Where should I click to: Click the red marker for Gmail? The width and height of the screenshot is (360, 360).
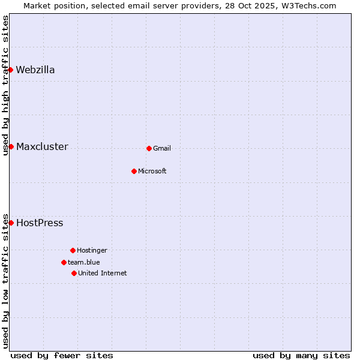point(149,148)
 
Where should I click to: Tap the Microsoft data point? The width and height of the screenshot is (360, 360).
point(134,171)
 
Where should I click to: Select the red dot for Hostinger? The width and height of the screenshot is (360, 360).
point(73,250)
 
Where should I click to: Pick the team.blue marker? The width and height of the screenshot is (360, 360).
point(64,262)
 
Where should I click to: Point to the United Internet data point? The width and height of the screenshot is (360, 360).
point(74,273)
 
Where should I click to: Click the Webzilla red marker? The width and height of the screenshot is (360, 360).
point(11,70)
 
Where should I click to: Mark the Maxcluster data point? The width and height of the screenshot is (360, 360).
point(11,146)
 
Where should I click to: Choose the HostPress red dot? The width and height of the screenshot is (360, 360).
point(11,223)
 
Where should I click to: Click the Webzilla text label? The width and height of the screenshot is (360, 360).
point(35,70)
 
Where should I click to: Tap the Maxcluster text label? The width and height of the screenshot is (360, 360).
point(42,146)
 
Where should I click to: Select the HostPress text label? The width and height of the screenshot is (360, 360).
point(40,223)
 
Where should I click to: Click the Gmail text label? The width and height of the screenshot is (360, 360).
point(162,148)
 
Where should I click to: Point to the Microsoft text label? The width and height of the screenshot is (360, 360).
point(152,171)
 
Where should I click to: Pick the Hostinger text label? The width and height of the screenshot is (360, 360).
point(92,250)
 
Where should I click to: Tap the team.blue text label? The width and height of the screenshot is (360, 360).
point(84,262)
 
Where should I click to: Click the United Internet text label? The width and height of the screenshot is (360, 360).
point(103,273)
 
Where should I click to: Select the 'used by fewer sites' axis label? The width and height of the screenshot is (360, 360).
point(62,355)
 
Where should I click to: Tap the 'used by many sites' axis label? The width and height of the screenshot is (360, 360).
point(301,355)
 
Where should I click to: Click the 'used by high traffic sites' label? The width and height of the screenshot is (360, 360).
point(5,85)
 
